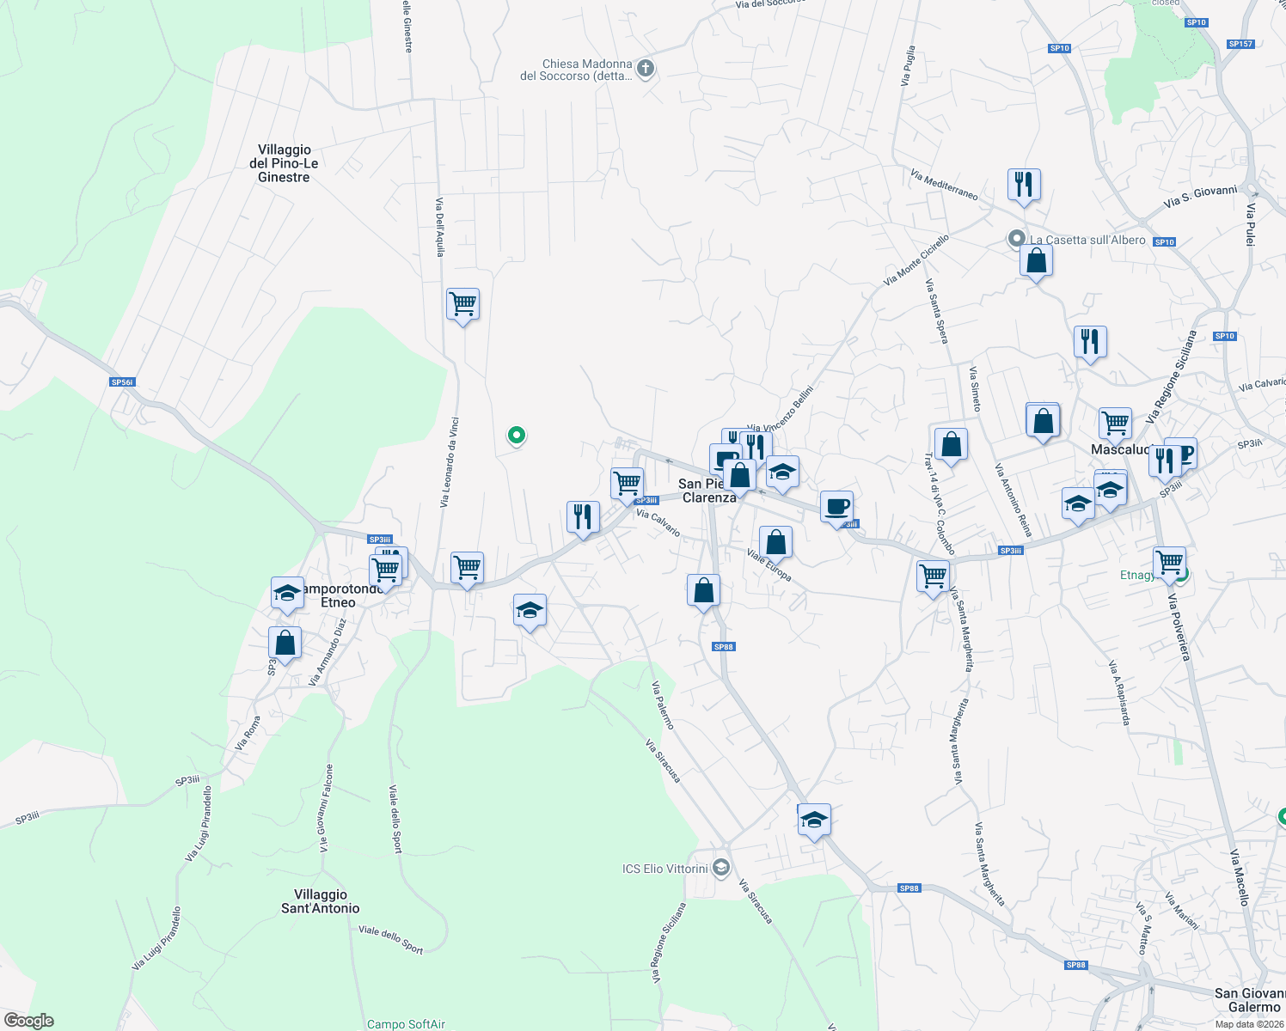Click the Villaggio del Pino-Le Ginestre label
tap(284, 163)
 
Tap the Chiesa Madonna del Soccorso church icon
tap(646, 69)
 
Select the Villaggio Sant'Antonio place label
tap(321, 901)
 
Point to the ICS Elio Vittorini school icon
tap(721, 868)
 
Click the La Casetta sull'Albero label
tap(1087, 240)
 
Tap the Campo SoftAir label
tap(407, 1024)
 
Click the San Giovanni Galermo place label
tap(1251, 1000)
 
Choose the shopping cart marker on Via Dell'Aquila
tap(462, 304)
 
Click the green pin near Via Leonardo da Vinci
tap(516, 436)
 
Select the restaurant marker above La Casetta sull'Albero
tap(1023, 184)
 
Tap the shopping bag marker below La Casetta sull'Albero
tap(1036, 259)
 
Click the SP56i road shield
tap(123, 382)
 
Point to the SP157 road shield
tap(1240, 44)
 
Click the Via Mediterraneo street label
tap(944, 184)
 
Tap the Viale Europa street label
tap(769, 565)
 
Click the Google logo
tap(28, 1020)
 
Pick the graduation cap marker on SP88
tap(813, 820)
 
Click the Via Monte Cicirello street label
tap(916, 260)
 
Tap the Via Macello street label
tap(1238, 876)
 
